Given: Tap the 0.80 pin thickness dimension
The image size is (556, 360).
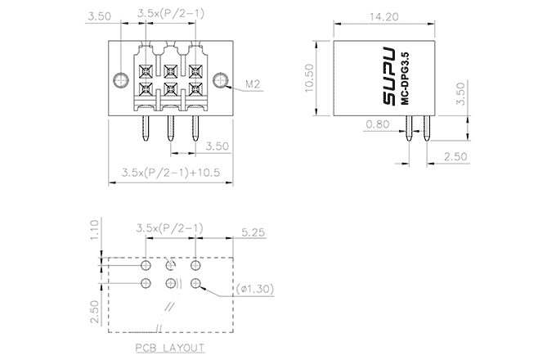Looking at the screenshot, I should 379,124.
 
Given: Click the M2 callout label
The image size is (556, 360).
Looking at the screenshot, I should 253,84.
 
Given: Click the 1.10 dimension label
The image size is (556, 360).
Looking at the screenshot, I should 94,228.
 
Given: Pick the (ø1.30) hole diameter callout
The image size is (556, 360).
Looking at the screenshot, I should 255,289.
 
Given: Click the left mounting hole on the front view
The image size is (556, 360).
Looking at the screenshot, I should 121,80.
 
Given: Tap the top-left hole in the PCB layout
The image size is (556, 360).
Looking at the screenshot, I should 146,266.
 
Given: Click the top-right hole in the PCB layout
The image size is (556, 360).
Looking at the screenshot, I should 196,266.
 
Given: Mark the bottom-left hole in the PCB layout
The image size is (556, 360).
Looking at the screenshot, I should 146,284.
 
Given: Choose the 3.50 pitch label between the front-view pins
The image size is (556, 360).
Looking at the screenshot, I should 217,146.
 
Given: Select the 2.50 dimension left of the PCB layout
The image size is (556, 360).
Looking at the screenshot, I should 94,312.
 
